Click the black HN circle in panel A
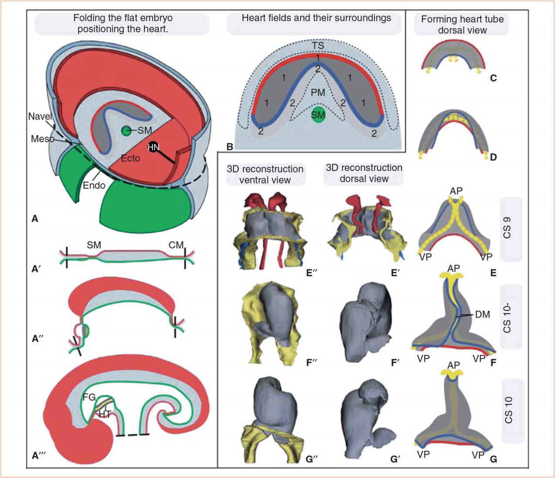pos(153,147)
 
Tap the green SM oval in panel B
pos(318,114)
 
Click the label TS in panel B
pos(318,45)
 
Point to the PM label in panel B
pos(318,92)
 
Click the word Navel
pos(40,116)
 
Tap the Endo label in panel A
pos(94,185)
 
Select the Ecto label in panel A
pos(130,158)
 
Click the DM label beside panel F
pos(482,314)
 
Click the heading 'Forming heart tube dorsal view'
pos(462,24)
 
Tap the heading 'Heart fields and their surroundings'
pos(316,18)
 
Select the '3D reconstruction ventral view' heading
pos(265,174)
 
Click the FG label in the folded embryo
pos(89,397)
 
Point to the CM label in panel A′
pos(176,245)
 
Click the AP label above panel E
pos(456,191)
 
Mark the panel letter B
pos(230,146)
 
